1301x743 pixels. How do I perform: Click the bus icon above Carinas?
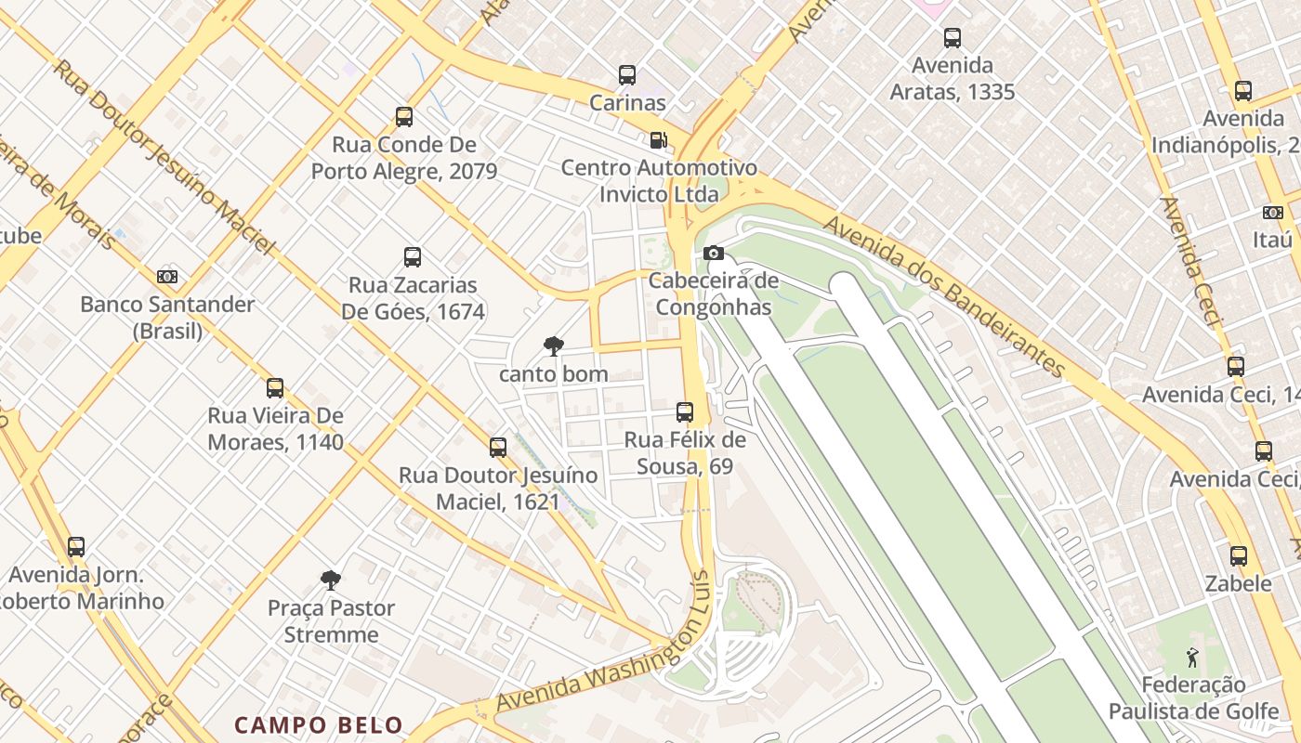tap(627, 75)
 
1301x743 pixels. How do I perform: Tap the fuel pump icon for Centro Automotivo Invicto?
tap(658, 140)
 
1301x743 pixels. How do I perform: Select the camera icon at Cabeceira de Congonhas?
tap(713, 253)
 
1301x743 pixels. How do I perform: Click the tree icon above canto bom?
tap(553, 346)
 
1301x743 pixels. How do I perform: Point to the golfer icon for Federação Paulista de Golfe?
tap(1192, 658)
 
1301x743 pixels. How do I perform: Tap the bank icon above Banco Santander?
tap(167, 277)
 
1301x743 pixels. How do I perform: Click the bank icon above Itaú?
tap(1272, 213)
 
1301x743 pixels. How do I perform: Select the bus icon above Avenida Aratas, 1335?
tap(953, 38)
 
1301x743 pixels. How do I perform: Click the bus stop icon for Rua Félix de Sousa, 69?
tap(685, 411)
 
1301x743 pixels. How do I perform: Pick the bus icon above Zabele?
tap(1239, 556)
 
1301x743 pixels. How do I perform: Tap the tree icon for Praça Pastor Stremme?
tap(330, 580)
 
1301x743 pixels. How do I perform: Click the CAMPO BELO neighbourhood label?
tap(319, 725)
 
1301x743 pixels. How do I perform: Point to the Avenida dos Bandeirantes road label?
tap(943, 296)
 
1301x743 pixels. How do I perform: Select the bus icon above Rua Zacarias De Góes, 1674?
tap(413, 257)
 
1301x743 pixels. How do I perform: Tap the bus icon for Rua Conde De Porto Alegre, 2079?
tap(404, 117)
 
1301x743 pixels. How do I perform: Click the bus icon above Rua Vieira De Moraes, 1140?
tap(275, 388)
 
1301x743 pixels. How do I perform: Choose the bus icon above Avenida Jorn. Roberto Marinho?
tap(76, 547)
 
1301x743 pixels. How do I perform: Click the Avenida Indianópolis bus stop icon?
tap(1243, 91)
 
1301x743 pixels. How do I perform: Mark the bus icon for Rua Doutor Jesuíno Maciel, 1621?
tap(498, 448)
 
